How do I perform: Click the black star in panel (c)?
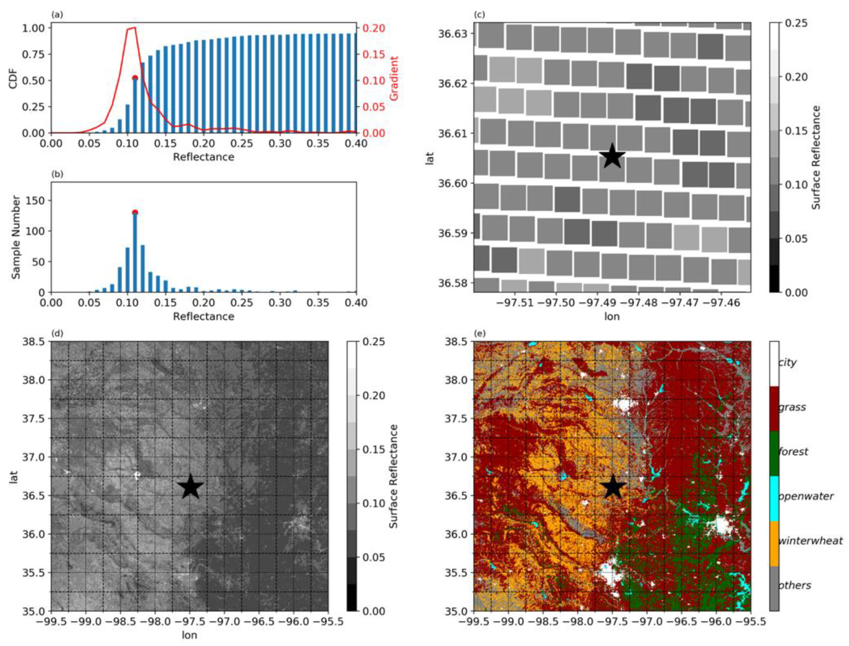612,156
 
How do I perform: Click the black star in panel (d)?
190,486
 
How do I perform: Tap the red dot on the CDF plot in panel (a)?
135,78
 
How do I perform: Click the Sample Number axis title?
16,237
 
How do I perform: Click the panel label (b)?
57,174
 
